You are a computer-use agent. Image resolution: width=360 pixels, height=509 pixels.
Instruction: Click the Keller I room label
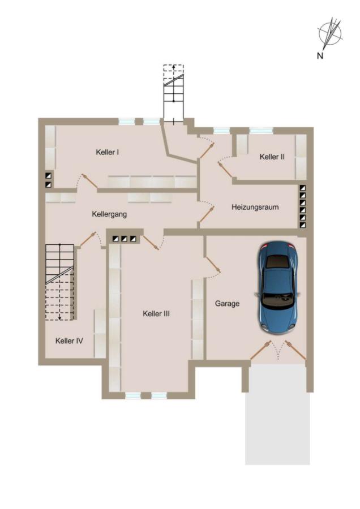[107, 152]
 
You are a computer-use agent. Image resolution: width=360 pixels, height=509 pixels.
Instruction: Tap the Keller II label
[272, 157]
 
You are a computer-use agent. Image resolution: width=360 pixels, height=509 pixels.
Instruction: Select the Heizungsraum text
[255, 207]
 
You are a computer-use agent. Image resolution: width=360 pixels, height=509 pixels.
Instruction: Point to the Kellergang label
[109, 214]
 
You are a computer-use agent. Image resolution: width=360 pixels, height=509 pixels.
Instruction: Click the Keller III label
[156, 313]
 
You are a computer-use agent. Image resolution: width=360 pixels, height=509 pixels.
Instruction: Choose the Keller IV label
[69, 341]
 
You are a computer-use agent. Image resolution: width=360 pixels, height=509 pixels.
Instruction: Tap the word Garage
[227, 304]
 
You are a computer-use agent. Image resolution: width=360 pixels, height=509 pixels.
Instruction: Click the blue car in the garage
[278, 287]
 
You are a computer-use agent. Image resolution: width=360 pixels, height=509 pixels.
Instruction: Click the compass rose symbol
[330, 33]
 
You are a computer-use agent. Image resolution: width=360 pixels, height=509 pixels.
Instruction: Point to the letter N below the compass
[320, 55]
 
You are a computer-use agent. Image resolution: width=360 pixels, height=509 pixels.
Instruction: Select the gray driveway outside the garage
[278, 414]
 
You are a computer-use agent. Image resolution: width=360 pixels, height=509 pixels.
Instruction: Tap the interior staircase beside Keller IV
[61, 282]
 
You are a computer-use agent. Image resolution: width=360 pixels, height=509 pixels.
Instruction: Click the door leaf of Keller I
[89, 181]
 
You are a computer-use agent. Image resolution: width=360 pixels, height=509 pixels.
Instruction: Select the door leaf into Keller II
[226, 170]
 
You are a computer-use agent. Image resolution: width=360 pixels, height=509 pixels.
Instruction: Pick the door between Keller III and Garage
[212, 265]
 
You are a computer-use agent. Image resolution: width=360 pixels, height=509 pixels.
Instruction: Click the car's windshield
[278, 300]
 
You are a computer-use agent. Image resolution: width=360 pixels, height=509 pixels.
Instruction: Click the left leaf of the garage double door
[260, 350]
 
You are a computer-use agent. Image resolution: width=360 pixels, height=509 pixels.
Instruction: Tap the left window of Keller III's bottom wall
[133, 396]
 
